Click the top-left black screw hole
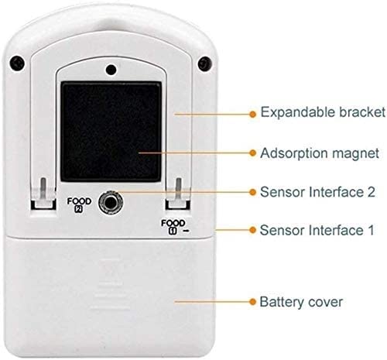(x=17, y=63)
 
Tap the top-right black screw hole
(x=205, y=63)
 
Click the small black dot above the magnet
(x=111, y=70)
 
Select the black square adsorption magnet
(x=111, y=132)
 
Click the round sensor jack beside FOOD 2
(x=111, y=202)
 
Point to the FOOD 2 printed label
(x=79, y=205)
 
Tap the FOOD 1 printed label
(x=174, y=227)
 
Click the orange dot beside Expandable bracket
(x=253, y=114)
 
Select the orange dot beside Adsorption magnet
(x=253, y=153)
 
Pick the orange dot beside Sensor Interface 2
(x=253, y=192)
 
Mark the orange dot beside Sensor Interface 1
(x=253, y=230)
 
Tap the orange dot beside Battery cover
(x=253, y=301)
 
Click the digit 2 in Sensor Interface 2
(x=371, y=192)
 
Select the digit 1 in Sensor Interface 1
(x=371, y=230)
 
